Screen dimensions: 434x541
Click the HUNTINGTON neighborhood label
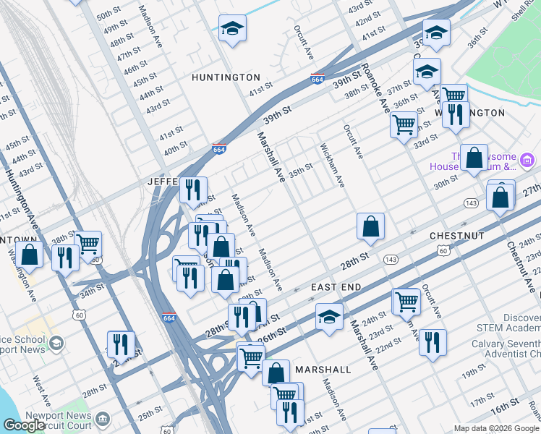point(226,77)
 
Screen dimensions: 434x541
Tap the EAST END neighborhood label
point(336,287)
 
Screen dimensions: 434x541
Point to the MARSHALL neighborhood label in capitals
point(323,370)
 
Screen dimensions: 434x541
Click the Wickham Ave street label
point(331,164)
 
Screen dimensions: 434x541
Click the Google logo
point(24,425)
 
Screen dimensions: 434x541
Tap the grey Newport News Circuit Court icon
point(103,418)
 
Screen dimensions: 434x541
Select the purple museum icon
point(528,159)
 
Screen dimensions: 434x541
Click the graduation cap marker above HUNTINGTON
point(233,29)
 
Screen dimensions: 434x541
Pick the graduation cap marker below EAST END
point(329,317)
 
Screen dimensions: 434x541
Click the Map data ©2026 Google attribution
point(496,428)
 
